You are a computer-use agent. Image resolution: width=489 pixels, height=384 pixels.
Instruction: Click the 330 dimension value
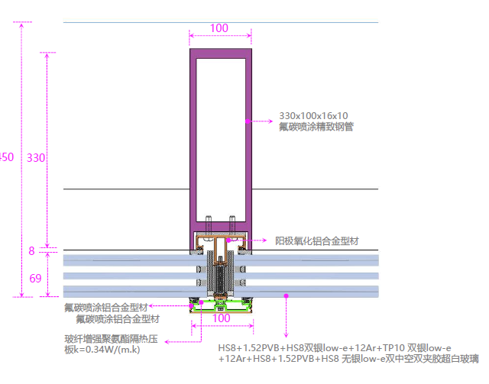tap(36, 158)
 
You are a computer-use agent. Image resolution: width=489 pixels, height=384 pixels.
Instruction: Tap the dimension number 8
tap(31, 250)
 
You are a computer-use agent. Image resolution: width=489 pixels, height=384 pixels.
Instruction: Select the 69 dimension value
tap(35, 279)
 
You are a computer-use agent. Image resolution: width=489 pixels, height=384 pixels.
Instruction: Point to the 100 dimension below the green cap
tap(221, 318)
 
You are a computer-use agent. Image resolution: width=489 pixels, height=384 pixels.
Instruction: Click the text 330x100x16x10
tap(313, 116)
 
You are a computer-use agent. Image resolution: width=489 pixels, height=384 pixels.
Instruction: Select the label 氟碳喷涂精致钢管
tap(316, 127)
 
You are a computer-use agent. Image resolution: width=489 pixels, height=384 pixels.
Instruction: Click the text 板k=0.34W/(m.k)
tap(102, 350)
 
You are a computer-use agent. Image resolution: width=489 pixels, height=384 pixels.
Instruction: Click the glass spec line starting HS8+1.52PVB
tap(335, 347)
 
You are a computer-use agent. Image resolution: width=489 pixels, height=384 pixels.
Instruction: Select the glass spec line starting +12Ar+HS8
tap(348, 359)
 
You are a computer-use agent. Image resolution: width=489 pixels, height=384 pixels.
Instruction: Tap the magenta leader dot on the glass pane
tap(286, 295)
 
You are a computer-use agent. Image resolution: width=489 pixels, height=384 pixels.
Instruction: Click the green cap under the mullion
tap(221, 306)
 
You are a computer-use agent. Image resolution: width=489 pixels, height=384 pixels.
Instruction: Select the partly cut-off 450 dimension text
tap(6, 157)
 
